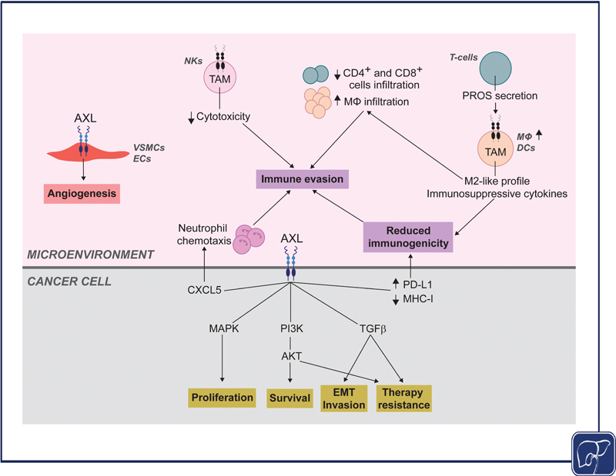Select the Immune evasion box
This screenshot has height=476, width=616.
click(x=301, y=179)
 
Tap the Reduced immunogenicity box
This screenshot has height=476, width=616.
click(x=406, y=238)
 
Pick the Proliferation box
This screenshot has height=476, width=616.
click(x=221, y=398)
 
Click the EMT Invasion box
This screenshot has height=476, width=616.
click(x=344, y=398)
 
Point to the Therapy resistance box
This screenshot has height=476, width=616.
click(x=403, y=398)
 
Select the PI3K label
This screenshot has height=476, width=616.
click(x=290, y=327)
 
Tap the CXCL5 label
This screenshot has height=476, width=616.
click(x=204, y=290)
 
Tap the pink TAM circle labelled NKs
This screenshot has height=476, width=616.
click(x=219, y=78)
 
